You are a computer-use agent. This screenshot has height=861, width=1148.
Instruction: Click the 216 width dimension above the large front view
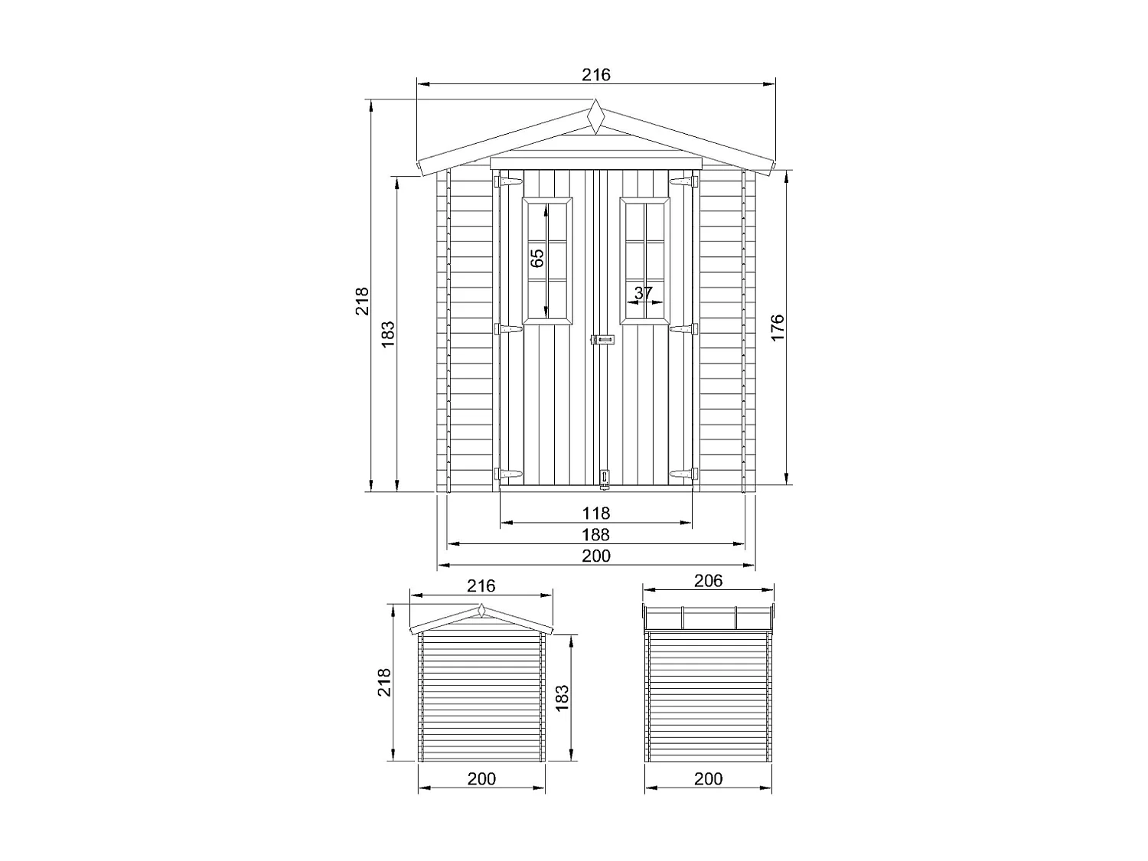coord(595,74)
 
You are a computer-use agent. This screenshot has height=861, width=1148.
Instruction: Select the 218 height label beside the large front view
coord(362,301)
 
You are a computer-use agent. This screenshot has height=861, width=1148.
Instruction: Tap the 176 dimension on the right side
coord(778,328)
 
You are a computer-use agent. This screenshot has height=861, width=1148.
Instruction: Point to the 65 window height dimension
coord(537,258)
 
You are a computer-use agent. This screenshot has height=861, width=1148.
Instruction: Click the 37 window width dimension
coord(644,292)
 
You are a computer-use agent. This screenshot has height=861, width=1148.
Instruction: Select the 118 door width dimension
coord(595,513)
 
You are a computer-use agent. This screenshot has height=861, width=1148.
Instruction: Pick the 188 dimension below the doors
coord(595,534)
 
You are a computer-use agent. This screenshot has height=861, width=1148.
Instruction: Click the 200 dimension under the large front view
coord(595,556)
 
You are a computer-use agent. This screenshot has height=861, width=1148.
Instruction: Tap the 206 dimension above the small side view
coord(708,581)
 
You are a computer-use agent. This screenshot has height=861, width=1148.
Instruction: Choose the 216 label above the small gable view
coord(481,585)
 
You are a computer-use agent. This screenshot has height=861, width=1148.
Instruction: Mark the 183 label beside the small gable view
coord(562,698)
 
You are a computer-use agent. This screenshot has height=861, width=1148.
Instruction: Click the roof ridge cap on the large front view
coord(595,118)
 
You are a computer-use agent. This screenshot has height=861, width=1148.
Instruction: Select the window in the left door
coord(547,261)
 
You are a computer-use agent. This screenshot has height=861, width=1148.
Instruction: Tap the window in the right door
coord(644,261)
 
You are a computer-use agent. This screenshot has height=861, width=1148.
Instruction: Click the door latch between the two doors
coord(602,340)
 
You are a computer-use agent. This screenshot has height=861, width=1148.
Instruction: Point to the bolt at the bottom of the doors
coord(605,479)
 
